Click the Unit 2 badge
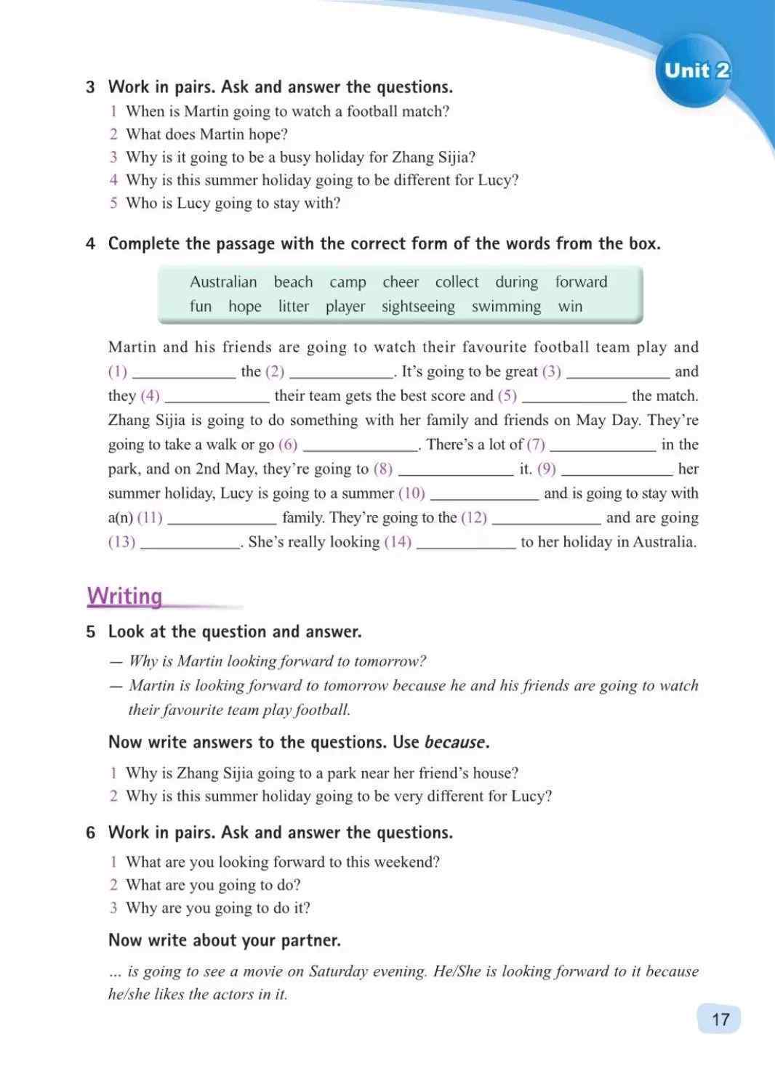tap(696, 70)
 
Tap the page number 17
tap(719, 1019)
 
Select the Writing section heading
tap(125, 597)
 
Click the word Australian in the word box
tap(223, 282)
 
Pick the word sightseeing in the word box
tap(418, 307)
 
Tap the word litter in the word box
tap(294, 307)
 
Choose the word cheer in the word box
tap(401, 282)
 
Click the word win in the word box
tap(570, 307)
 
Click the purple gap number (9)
tap(547, 469)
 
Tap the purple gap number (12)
tap(474, 518)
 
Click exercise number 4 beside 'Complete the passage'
tap(91, 244)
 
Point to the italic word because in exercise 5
tap(454, 743)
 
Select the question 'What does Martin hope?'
tap(206, 134)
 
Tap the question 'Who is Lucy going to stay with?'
tap(233, 203)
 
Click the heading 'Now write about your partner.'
tap(224, 940)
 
